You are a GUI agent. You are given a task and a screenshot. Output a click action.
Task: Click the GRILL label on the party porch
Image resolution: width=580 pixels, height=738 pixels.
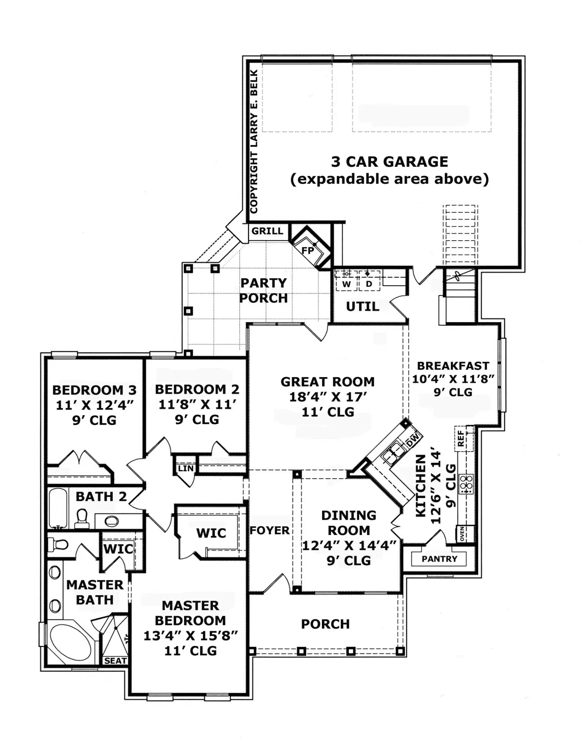[x=267, y=231]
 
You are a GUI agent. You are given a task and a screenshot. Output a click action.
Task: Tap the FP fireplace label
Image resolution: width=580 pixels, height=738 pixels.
[x=308, y=251]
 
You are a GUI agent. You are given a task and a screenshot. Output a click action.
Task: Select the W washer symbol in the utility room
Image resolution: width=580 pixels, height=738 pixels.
[x=347, y=284]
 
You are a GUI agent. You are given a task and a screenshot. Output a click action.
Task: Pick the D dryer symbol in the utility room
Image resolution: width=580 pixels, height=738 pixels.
[x=369, y=284]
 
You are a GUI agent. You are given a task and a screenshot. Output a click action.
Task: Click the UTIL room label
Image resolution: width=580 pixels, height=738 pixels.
[x=362, y=307]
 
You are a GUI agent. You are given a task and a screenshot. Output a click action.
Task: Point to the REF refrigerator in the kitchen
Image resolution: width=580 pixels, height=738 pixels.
[x=461, y=438]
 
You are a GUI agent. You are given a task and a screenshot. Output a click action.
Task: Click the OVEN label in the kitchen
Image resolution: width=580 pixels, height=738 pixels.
[x=462, y=534]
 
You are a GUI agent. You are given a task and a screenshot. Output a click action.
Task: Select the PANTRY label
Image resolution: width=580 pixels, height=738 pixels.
[x=439, y=559]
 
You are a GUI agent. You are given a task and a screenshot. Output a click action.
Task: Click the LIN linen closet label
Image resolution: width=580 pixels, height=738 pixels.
[x=186, y=468]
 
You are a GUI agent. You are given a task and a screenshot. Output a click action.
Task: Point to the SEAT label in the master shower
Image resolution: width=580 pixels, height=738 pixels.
[x=115, y=661]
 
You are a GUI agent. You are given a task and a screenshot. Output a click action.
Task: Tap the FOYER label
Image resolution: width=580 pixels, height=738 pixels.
[x=269, y=530]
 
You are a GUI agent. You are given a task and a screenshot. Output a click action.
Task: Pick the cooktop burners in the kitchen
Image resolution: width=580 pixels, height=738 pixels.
[x=466, y=484]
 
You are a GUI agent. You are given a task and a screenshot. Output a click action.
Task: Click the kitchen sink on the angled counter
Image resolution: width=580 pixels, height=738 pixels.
[x=393, y=453]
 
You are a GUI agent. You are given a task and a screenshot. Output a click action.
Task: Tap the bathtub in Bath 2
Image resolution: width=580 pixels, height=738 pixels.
[x=58, y=508]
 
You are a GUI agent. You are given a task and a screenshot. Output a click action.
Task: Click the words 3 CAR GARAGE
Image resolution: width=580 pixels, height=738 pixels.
[x=390, y=162]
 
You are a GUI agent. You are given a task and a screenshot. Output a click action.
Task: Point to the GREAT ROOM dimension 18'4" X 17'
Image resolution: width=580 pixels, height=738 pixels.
[x=328, y=397]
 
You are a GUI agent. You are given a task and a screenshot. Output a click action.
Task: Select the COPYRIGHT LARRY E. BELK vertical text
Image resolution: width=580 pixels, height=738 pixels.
[x=254, y=141]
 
